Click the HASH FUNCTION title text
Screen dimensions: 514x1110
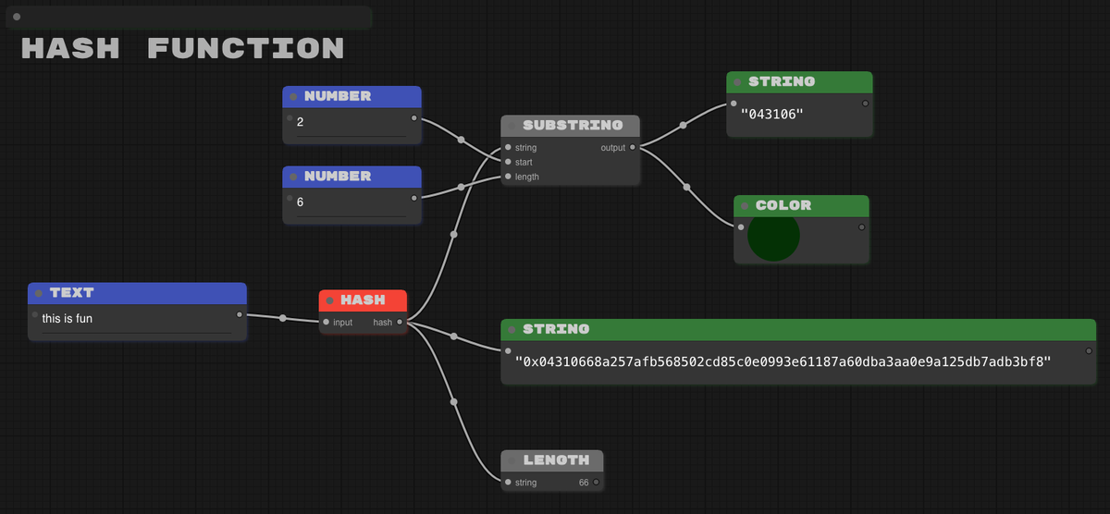click(x=182, y=48)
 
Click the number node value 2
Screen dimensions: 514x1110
click(x=300, y=121)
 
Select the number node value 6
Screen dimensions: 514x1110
click(x=300, y=201)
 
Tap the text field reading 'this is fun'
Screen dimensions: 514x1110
click(x=68, y=319)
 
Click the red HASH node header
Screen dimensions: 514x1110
click(x=363, y=300)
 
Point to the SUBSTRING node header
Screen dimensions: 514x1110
click(x=571, y=125)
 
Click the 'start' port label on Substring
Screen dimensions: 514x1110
click(x=524, y=162)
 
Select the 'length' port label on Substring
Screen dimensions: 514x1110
click(x=527, y=177)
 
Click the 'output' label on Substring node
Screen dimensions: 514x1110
click(x=612, y=148)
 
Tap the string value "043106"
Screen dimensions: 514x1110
click(x=772, y=114)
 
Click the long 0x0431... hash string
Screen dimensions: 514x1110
click(x=783, y=361)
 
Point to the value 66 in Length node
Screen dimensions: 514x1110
click(x=584, y=483)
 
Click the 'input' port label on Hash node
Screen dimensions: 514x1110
click(x=342, y=323)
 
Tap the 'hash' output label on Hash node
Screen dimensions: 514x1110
click(x=382, y=323)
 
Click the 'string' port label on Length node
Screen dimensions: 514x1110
click(x=525, y=483)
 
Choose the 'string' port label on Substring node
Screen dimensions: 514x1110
click(x=525, y=148)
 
